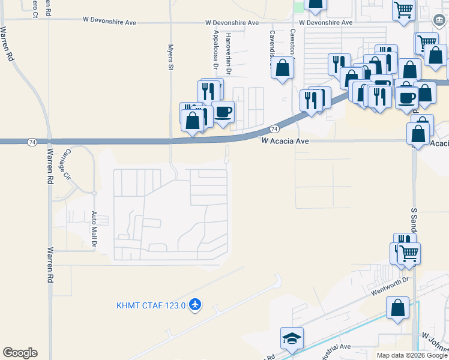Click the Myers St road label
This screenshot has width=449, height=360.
[170, 57]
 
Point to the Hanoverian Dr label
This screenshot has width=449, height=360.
[229, 53]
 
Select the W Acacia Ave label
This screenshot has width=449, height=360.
[285, 140]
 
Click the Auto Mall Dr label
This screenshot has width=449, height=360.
[94, 229]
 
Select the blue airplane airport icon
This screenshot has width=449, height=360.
[194, 305]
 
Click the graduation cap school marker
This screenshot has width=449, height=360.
[292, 339]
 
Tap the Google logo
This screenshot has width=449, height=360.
[20, 353]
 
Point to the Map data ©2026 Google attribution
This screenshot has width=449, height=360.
[412, 355]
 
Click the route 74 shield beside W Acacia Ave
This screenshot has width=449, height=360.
[274, 129]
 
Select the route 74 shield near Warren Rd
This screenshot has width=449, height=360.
[31, 142]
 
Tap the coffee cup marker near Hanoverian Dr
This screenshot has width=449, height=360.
[223, 112]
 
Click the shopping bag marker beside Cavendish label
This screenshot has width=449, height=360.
[283, 68]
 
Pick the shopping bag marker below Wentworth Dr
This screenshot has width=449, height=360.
[397, 309]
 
